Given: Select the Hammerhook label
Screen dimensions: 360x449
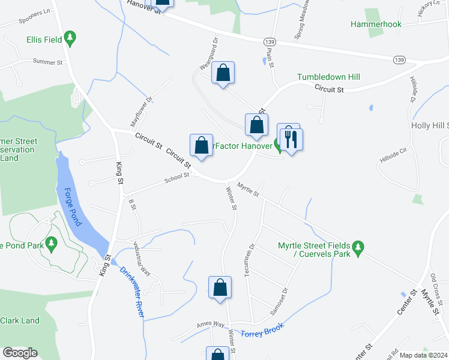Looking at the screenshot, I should click(x=376, y=24).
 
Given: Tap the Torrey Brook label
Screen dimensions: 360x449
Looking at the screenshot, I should click(x=261, y=331).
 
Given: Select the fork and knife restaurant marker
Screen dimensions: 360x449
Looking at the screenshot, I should click(x=291, y=139).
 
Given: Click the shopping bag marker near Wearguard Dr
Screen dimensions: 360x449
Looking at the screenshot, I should click(x=223, y=73).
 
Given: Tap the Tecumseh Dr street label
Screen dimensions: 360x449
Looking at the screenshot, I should click(x=249, y=260).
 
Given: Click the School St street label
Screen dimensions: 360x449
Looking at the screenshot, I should click(x=177, y=176).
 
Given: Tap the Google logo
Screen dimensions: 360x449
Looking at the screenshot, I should click(x=20, y=352).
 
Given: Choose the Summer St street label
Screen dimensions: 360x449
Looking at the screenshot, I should click(x=48, y=62).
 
